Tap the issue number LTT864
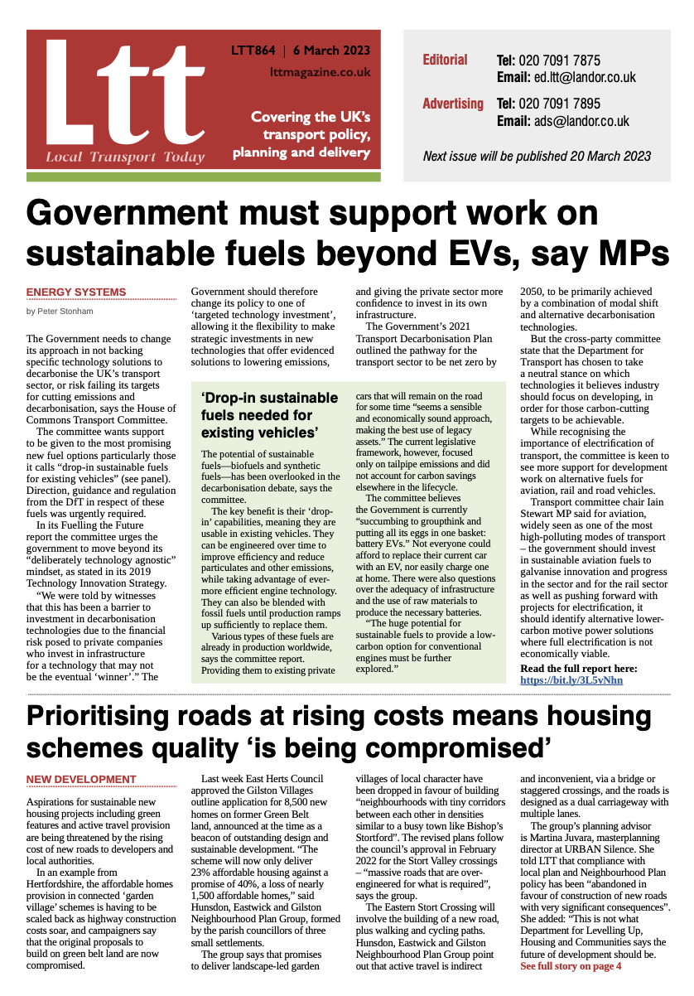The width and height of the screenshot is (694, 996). [x=253, y=51]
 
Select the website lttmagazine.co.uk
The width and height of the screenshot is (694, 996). [x=320, y=72]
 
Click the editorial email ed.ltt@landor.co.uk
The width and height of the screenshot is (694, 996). [x=583, y=78]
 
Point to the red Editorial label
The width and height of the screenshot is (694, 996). [x=445, y=60]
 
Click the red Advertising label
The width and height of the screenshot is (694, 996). [x=452, y=104]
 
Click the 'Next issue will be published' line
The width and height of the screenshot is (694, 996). [x=536, y=156]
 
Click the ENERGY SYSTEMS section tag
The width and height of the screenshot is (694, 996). [x=76, y=292]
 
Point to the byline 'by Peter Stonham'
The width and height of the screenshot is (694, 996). [x=59, y=312]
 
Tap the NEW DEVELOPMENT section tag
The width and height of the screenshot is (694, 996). [x=81, y=779]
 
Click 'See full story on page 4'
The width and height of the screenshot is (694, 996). [x=571, y=966]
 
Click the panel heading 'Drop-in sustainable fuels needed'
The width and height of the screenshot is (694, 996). [x=269, y=415]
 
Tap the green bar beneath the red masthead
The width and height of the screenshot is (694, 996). [x=203, y=176]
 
